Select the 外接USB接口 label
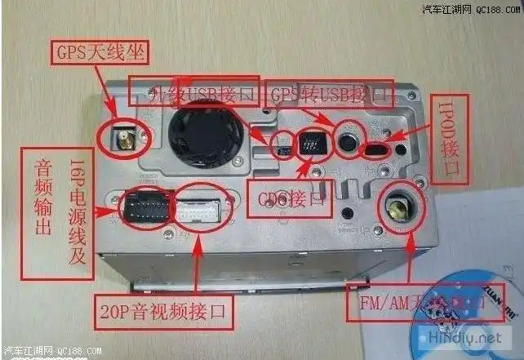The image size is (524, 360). [194, 91]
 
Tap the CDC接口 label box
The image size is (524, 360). [289, 198]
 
